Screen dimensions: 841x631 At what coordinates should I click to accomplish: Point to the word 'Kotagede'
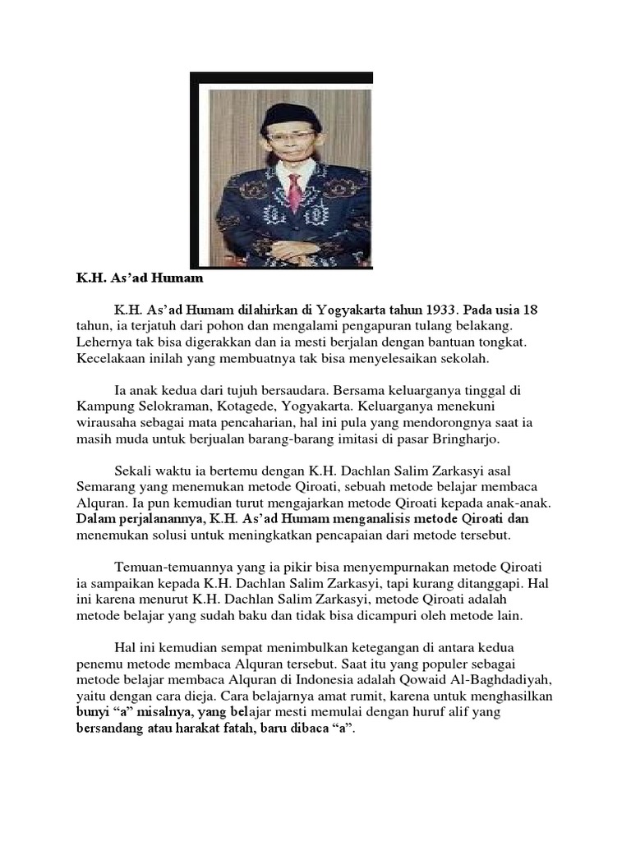pos(266,406)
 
